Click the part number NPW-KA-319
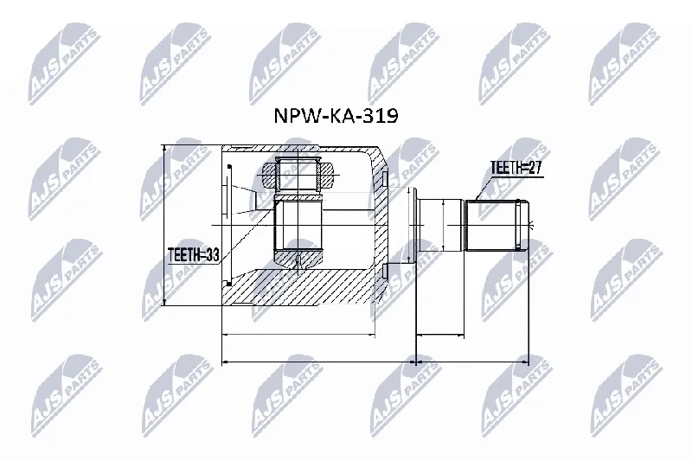tap(336, 116)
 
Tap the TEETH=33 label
tap(194, 256)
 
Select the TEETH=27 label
tap(516, 168)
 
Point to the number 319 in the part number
tap(382, 116)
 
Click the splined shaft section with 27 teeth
tap(497, 226)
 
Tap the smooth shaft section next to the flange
tap(440, 226)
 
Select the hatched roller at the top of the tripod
tap(298, 173)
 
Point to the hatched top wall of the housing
tap(300, 148)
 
